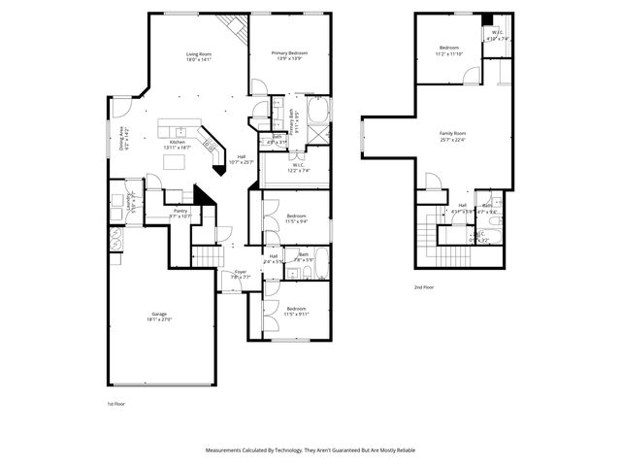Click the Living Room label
[x=198, y=56]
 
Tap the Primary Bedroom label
[x=290, y=56]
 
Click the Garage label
[x=158, y=316]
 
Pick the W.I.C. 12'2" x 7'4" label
[x=297, y=167]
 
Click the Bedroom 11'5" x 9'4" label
[x=296, y=217]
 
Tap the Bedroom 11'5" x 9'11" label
[x=296, y=312]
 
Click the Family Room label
[x=452, y=135]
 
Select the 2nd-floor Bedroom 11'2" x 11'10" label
[x=448, y=50]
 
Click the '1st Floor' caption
[x=115, y=402]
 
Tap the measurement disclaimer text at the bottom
[x=310, y=450]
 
